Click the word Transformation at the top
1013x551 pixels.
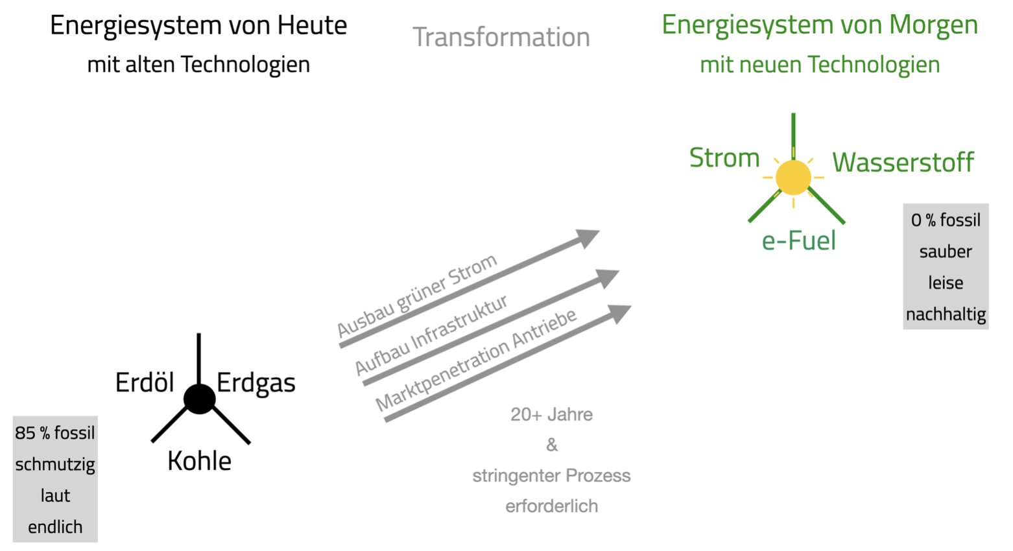coord(501,37)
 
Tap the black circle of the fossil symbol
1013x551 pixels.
coord(199,399)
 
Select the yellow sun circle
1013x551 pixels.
coord(793,177)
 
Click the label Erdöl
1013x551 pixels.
coord(145,382)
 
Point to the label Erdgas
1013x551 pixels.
coord(256,383)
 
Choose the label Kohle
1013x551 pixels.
coord(199,461)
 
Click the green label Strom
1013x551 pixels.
coord(724,158)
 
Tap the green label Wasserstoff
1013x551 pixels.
coord(903,162)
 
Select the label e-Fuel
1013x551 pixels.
coord(798,241)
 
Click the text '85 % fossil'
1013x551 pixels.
coord(55,432)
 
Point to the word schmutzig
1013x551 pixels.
coord(55,464)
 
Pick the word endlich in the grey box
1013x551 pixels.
coord(55,527)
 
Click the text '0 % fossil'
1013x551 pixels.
coord(946,220)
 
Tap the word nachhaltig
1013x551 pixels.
coord(946,314)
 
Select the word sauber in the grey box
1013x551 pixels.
coord(946,252)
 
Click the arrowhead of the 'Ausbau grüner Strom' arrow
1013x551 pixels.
coord(588,237)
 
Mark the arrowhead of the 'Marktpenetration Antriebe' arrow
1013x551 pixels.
coord(620,314)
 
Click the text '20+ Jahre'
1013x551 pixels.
coord(551,414)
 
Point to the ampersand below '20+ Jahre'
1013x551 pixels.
coord(551,445)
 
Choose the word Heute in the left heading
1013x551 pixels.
coord(312,25)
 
